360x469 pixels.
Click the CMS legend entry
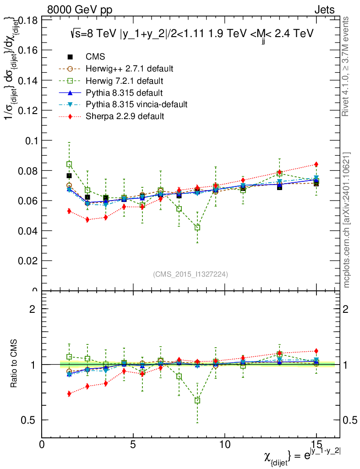pos(95,57)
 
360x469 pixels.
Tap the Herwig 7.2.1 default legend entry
pos(125,81)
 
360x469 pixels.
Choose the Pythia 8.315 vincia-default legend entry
pos(136,104)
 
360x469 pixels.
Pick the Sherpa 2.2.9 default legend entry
pos(125,116)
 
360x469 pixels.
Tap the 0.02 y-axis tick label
pos(27,261)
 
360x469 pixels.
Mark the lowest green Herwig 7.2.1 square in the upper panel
pos(197,228)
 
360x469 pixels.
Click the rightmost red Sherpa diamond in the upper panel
pos(316,164)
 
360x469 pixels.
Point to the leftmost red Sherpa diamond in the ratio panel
pos(69,393)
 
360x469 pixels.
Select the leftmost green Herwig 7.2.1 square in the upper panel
pos(69,164)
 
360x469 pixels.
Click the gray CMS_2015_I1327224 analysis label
pos(191,274)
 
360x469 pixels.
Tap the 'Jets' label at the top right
pos(324,10)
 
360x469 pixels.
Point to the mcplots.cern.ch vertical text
pos(347,220)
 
